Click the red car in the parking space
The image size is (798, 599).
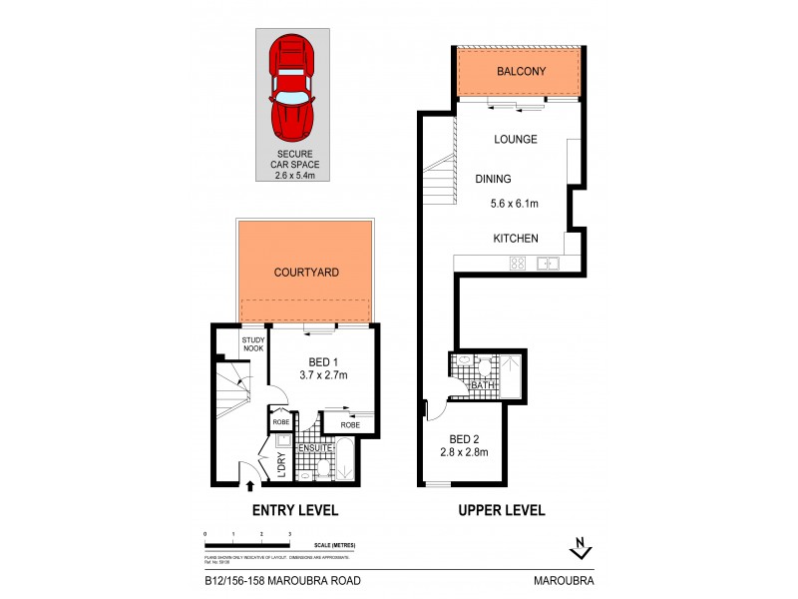click(x=292, y=88)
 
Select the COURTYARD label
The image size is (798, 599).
click(x=306, y=272)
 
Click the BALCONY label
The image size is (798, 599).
click(x=519, y=72)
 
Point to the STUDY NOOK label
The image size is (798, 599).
click(x=253, y=344)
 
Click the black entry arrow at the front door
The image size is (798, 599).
click(x=249, y=486)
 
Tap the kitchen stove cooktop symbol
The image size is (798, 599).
click(x=519, y=264)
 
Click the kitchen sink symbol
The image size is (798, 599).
click(x=547, y=264)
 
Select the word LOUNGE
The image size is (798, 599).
click(x=516, y=140)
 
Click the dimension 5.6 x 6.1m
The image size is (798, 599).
click(x=516, y=205)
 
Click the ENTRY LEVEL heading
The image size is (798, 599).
click(x=296, y=510)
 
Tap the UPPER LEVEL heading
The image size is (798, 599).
click(x=501, y=510)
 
